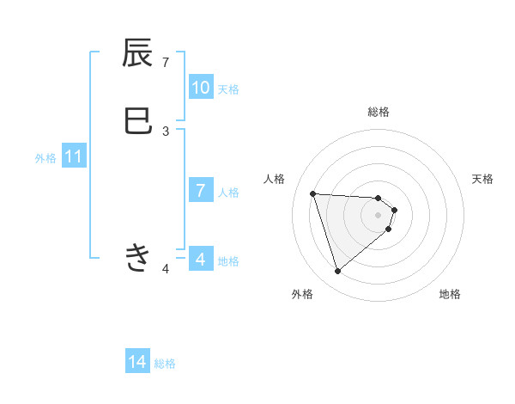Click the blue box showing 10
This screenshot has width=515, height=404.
coord(201,88)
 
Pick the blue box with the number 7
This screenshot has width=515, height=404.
coord(201,191)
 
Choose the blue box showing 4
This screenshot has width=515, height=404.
coord(201,259)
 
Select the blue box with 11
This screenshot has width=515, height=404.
coord(74,157)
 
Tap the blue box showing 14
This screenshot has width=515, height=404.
coord(137,363)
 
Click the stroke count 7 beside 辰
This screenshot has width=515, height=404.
coord(166,62)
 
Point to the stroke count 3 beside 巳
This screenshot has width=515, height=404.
coord(166,131)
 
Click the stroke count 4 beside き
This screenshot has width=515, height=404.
coord(166,269)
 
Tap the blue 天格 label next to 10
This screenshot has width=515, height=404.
coord(228,89)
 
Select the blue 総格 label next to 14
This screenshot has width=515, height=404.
coord(165,364)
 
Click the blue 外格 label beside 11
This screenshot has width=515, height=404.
coord(45,158)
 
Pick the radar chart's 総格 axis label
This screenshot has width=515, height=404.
coord(379,112)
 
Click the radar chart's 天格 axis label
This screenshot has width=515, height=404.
coord(483,179)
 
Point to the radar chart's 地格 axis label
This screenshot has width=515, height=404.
coord(450,294)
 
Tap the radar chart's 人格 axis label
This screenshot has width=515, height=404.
coord(275,179)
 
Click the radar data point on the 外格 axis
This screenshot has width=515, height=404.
coord(338,272)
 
